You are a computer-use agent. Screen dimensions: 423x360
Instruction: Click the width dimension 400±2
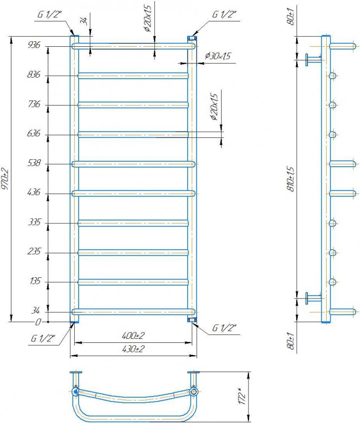(x=133, y=336)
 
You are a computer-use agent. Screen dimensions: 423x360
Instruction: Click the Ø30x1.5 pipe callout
(x=217, y=57)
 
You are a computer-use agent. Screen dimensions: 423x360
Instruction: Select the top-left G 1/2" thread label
(x=49, y=14)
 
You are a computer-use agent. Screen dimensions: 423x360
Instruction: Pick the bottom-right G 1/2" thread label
(x=224, y=328)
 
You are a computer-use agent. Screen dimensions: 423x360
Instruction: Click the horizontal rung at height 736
(x=133, y=105)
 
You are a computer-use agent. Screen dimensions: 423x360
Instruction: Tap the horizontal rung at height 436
(x=133, y=193)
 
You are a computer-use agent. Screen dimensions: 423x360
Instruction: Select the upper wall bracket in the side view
(x=313, y=59)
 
